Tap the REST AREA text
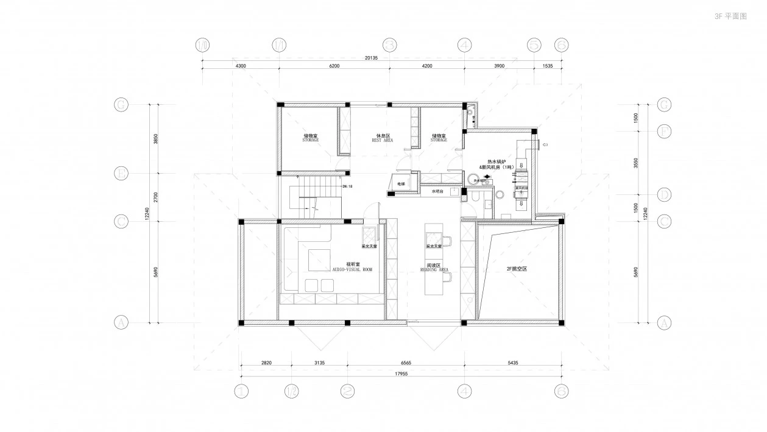point(383,140)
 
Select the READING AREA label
point(434,269)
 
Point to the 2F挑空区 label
point(516,268)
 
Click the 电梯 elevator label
point(401,183)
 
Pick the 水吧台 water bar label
point(437,191)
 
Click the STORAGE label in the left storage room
point(311,140)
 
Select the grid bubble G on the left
point(121,105)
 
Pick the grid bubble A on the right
point(665,323)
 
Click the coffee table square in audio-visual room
point(319,260)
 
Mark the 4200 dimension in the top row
point(426,66)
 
